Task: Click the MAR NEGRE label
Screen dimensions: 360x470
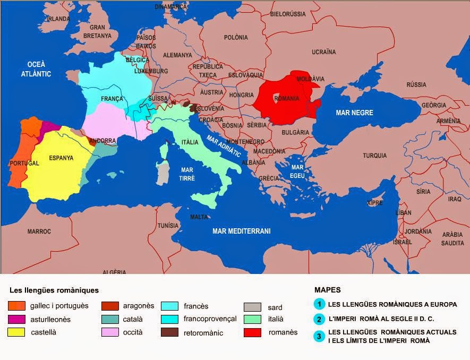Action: point(354,113)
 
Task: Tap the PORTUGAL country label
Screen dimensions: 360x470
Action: point(24,163)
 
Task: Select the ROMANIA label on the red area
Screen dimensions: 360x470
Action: point(287,99)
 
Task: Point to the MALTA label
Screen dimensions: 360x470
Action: point(199,217)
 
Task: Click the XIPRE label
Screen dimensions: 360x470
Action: point(375,203)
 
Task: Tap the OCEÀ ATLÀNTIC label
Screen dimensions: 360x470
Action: point(36,70)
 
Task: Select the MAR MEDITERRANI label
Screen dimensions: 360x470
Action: point(242,231)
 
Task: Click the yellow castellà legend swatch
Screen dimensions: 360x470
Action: point(16,333)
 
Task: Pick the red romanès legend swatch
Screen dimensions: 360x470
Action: point(252,333)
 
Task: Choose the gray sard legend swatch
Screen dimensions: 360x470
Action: point(252,307)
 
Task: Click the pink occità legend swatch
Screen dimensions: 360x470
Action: point(109,333)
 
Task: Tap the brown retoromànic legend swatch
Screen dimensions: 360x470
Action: point(169,333)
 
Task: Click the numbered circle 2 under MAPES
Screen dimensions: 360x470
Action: point(319,319)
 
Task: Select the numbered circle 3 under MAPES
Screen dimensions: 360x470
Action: point(319,336)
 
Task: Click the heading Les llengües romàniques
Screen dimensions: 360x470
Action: point(54,290)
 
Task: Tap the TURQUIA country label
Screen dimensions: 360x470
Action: point(374,156)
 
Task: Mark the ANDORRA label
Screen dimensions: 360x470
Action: point(103,141)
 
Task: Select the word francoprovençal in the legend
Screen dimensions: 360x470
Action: point(210,319)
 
